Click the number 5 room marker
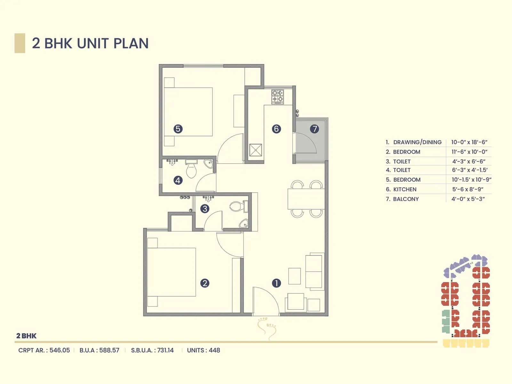click(x=178, y=129)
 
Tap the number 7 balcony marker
click(x=315, y=129)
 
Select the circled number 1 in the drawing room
click(x=276, y=283)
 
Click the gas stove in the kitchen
click(x=277, y=97)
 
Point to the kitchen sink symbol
click(x=256, y=150)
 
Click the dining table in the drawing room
click(x=306, y=199)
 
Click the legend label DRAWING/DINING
click(x=417, y=142)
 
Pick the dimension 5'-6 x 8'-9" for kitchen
click(x=468, y=189)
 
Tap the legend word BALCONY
click(x=406, y=199)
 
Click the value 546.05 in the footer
click(x=60, y=350)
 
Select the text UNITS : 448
click(x=204, y=350)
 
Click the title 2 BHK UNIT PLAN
click(x=90, y=43)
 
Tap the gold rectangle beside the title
click(x=20, y=43)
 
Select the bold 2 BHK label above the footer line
click(x=26, y=336)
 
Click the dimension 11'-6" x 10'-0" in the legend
click(x=469, y=152)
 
